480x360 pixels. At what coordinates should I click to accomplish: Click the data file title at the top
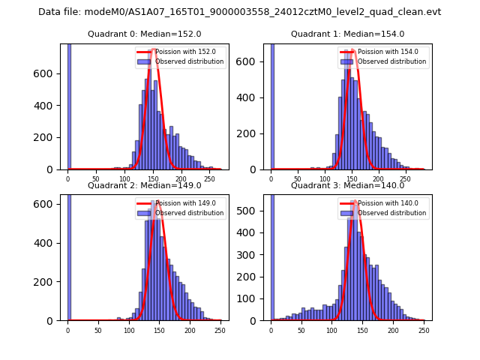point(240,12)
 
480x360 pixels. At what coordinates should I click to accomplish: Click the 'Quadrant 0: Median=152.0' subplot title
point(144,34)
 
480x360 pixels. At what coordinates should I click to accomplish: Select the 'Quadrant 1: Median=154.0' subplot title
point(347,34)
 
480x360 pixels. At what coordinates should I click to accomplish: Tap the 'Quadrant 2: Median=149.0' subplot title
point(144,185)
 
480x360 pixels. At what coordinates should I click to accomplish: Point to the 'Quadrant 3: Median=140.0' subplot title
point(347,185)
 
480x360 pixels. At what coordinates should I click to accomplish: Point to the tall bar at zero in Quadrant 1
point(272,106)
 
